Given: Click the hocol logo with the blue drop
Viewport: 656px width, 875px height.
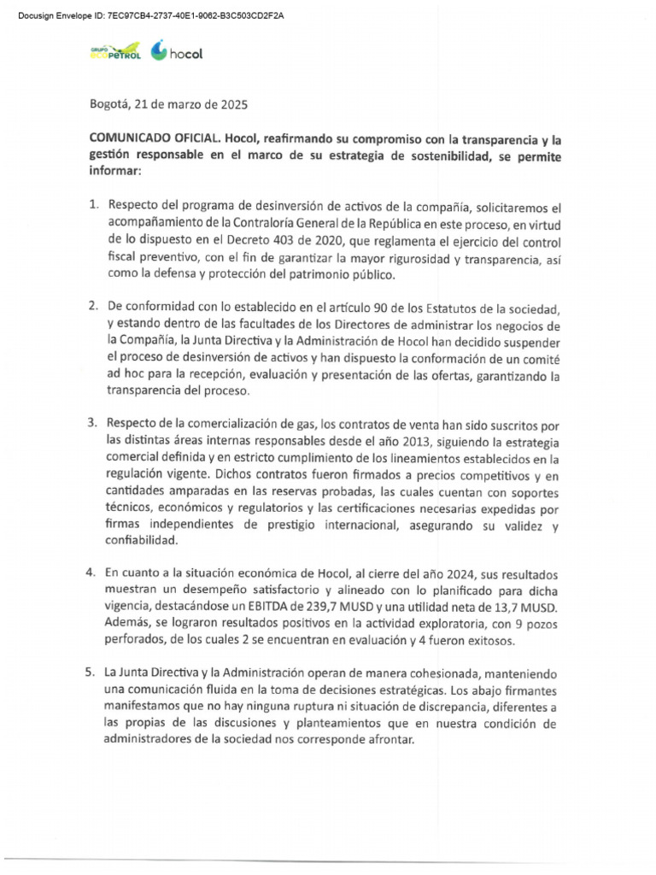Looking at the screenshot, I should [x=177, y=53].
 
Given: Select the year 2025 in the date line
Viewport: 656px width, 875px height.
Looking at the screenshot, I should [x=232, y=105].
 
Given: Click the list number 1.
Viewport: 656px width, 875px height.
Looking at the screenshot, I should [x=94, y=206].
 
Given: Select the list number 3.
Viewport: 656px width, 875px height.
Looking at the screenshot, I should [x=94, y=423].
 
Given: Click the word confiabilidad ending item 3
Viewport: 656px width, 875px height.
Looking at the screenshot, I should [x=143, y=540].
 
